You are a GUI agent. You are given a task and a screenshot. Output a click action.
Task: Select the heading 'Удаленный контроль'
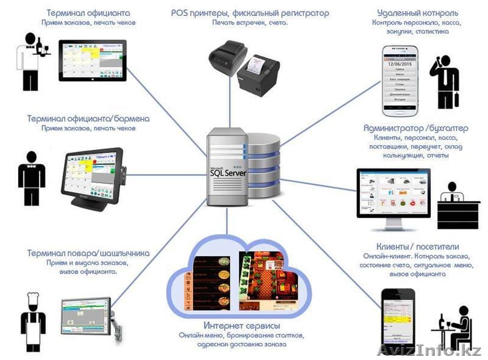coord(417,13)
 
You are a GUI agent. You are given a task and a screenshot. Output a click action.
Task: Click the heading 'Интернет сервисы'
coord(242,325)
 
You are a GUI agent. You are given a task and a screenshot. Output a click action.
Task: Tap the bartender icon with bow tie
coord(32,173)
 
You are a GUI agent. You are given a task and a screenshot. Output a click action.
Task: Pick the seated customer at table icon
coord(454,329)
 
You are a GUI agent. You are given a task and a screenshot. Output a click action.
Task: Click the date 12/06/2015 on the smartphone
coord(400,63)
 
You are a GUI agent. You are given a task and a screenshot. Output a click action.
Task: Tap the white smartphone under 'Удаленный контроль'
coord(400,80)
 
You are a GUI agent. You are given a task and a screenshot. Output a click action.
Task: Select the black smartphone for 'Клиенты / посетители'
coord(398,320)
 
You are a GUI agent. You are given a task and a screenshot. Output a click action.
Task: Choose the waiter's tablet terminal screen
coord(92,60)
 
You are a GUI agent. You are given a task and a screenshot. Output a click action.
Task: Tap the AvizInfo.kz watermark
coord(429,350)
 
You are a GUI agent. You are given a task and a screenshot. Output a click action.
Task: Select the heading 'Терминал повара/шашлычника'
coord(88,253)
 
